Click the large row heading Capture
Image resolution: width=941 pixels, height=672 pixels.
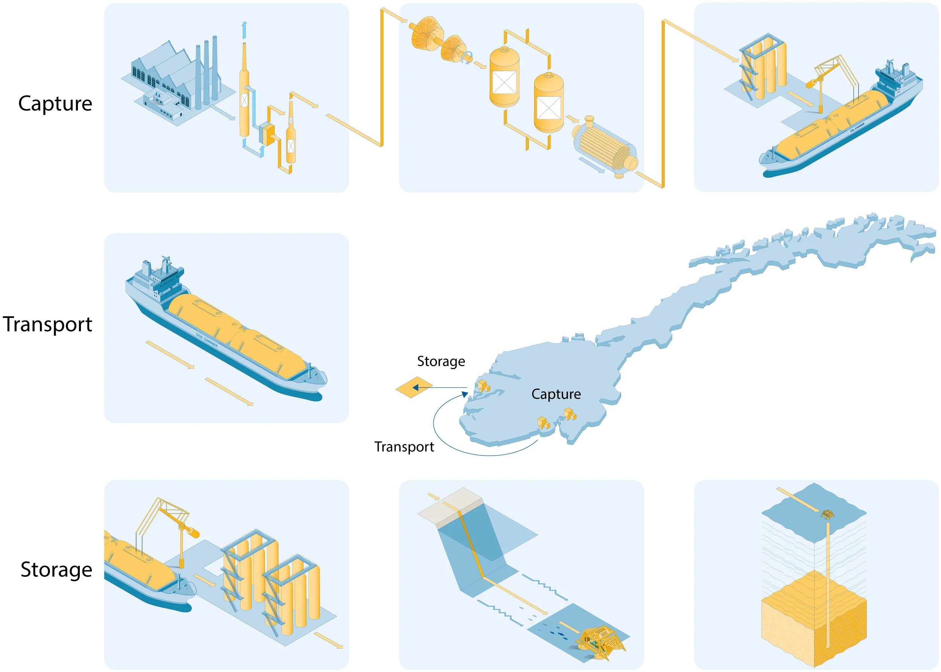[55, 104]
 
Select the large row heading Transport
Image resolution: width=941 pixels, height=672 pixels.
[47, 324]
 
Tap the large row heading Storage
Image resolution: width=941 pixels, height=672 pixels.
[56, 570]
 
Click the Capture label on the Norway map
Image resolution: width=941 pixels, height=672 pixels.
[556, 394]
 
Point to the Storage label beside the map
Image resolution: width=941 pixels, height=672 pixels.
[441, 362]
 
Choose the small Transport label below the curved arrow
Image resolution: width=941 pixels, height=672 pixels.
[404, 447]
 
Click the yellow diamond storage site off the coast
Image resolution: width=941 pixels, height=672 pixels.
[414, 387]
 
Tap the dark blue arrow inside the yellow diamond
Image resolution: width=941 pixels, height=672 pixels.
[417, 388]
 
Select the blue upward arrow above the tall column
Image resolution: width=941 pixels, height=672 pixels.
[244, 30]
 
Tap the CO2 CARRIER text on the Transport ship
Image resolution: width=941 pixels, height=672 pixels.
[207, 340]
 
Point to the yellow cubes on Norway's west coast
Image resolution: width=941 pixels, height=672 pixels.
[484, 386]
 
